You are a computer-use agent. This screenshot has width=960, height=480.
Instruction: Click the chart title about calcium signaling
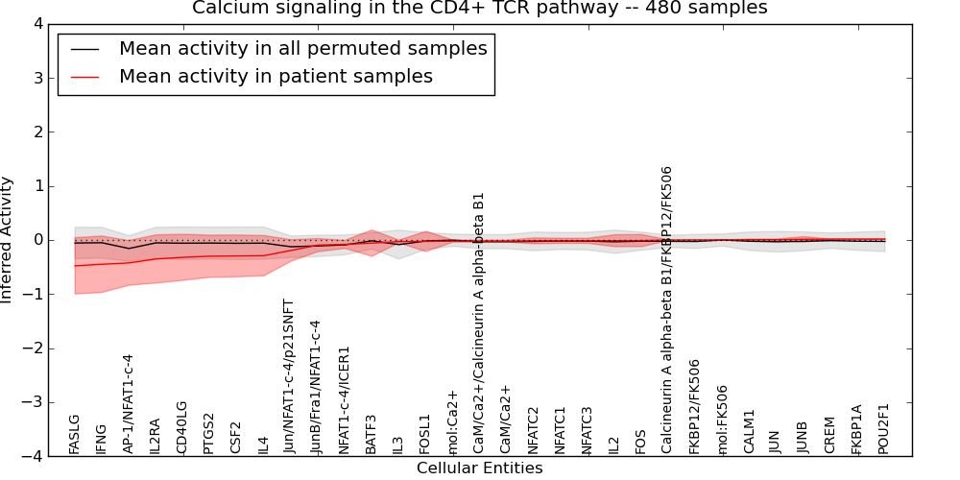pos(479,9)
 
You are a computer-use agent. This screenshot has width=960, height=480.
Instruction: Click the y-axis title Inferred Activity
pos(8,239)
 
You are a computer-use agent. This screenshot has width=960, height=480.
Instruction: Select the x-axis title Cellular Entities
pos(479,468)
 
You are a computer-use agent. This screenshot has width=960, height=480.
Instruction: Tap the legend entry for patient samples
pos(276,76)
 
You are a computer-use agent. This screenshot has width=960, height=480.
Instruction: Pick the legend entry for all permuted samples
pos(302,48)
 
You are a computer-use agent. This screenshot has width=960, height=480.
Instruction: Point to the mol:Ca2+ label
pos(453,421)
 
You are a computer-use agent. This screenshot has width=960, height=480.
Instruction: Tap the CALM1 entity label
pos(750,432)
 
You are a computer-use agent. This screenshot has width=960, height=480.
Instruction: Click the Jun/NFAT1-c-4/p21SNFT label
pos(288,376)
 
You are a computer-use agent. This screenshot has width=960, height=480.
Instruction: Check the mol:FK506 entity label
pos(722,420)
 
